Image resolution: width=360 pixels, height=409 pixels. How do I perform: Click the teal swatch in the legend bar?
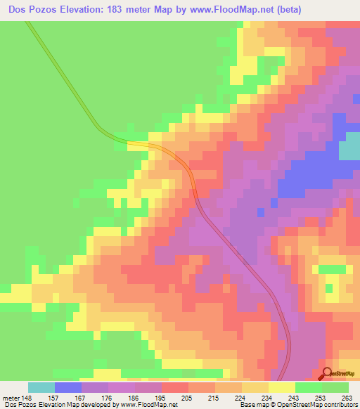pos(41,387)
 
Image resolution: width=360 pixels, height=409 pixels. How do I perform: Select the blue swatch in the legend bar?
pos(68,387)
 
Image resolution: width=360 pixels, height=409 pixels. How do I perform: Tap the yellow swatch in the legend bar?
pos(282,387)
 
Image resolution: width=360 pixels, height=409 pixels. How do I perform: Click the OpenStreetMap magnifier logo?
pos(326,374)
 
